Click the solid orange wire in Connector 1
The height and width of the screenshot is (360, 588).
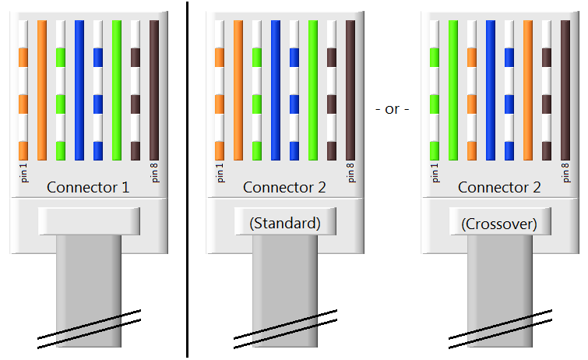point(42,90)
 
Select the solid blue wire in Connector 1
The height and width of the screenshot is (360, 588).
point(79,90)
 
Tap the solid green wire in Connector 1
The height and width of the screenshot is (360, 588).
point(117,90)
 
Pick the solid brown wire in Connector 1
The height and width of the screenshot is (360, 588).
point(154,90)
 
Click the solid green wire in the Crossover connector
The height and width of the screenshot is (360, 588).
point(453,90)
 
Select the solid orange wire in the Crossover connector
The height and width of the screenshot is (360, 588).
point(528,90)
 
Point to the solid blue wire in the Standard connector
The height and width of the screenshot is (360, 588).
point(276,90)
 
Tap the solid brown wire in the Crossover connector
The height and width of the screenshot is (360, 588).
point(565,90)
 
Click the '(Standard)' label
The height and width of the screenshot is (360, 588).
point(285,223)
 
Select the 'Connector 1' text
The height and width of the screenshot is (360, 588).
point(88,187)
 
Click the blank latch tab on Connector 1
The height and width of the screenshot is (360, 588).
point(88,221)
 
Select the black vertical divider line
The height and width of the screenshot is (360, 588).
point(187,179)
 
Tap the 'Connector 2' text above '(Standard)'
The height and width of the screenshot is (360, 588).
point(284,187)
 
